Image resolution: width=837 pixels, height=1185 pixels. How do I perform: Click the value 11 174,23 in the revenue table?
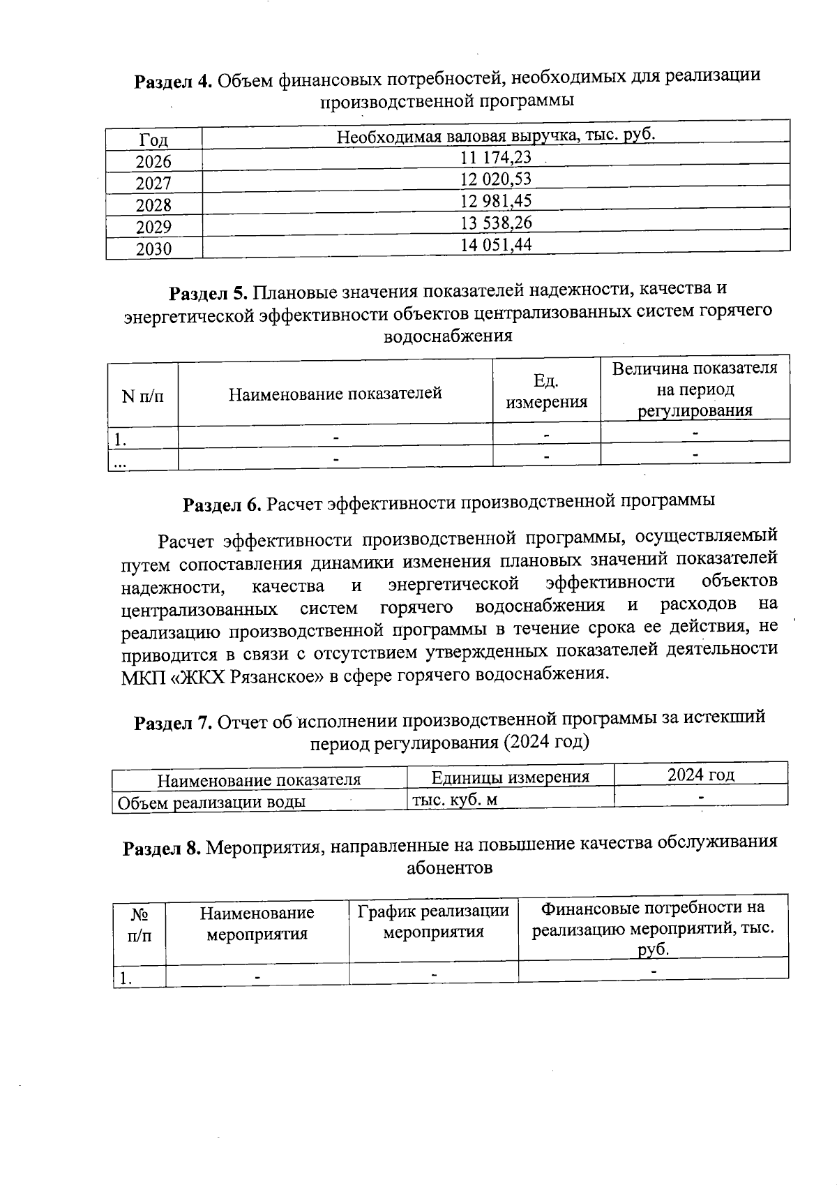tap(496, 158)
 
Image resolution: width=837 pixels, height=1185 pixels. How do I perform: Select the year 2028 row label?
tap(153, 205)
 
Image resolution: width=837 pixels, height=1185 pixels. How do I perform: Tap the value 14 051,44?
tap(496, 245)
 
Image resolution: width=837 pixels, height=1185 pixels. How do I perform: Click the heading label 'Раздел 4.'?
tap(173, 82)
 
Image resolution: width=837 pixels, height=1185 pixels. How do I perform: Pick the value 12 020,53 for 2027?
tap(496, 179)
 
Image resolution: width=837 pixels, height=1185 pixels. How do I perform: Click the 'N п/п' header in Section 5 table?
tap(143, 396)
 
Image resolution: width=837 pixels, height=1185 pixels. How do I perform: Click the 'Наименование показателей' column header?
tap(335, 394)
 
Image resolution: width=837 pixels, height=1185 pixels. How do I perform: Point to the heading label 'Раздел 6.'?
tap(222, 504)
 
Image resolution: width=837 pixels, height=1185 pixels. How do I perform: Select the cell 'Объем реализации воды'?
tap(211, 802)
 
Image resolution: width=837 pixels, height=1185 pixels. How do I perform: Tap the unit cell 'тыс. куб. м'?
tap(455, 799)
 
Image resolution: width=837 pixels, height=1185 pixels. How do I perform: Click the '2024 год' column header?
tap(700, 775)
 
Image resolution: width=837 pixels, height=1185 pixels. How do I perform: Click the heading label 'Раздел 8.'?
tap(162, 849)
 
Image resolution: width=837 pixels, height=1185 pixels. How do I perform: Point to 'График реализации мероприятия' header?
tap(433, 921)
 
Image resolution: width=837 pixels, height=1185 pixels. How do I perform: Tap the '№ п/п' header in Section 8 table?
tap(139, 925)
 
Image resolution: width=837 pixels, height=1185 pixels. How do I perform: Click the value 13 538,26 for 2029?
tap(496, 223)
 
